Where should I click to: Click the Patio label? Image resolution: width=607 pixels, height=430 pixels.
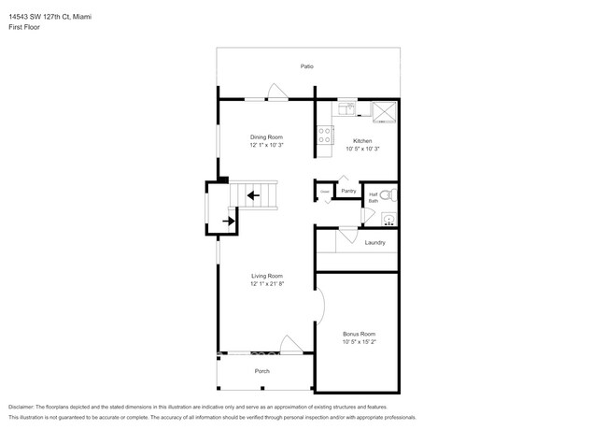pos(306,66)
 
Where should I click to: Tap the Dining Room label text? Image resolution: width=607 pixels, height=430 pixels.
pos(266,137)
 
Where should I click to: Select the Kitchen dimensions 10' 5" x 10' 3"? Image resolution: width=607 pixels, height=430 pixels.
pos(362,149)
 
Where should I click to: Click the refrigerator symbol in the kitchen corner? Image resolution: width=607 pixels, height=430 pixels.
pos(385,112)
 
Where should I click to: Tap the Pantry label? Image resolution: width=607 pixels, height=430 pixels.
pos(348,191)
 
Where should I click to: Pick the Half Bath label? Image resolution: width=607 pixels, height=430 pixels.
pos(374,197)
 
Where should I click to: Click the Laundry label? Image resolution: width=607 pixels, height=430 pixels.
pos(375,243)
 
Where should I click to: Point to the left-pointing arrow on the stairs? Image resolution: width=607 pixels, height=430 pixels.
pos(253,196)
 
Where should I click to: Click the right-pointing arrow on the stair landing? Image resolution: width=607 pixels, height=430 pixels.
pos(229,222)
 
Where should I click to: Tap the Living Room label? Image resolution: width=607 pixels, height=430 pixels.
pos(266,276)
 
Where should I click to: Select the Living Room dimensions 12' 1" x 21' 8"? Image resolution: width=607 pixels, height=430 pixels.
pos(266,284)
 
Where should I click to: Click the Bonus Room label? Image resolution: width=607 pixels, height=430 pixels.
pos(359,334)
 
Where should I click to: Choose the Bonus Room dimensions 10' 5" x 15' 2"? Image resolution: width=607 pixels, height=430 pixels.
pos(359,342)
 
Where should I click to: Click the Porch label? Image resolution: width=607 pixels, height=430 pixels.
pos(262,371)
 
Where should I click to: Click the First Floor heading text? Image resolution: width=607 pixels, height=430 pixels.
pos(26,27)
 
